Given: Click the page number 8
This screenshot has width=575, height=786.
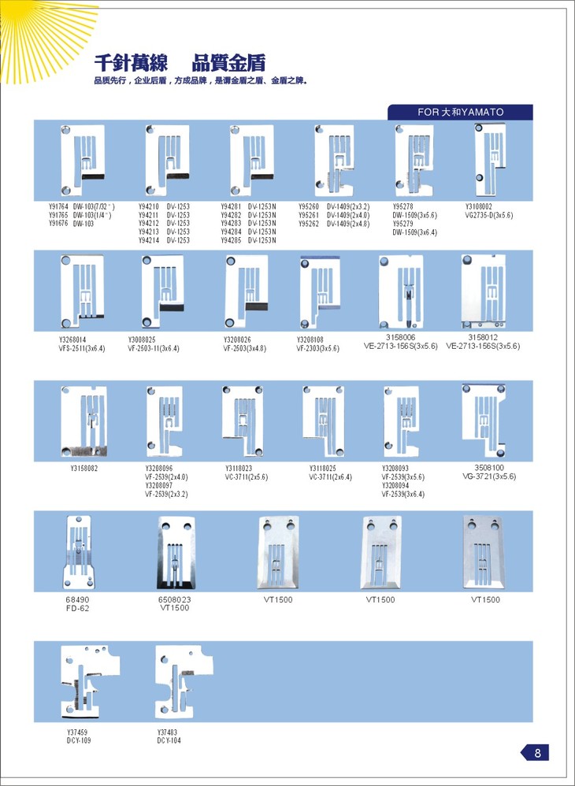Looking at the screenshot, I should coord(537,753).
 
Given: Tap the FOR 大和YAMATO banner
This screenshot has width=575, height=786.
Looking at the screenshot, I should coord(460,112).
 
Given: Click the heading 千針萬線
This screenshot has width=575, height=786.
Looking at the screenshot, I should coord(124,62).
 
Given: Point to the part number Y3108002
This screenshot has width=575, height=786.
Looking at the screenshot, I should coord(479,206).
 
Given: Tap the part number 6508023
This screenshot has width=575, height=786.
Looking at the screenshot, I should coord(175,599).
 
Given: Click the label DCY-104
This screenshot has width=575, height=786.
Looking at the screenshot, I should coord(169,740).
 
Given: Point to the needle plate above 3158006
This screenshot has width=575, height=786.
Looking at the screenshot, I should coord(400,290).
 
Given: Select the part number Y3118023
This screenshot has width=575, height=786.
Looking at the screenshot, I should coord(239,469).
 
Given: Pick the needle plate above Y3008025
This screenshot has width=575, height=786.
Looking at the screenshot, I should coord(161,289).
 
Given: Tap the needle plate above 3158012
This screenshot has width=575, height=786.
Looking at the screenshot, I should coord(483,288).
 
